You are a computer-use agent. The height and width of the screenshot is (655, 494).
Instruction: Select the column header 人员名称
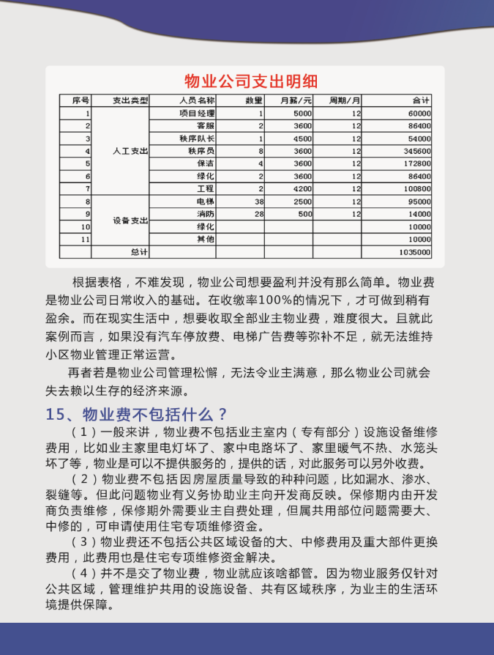point(197,100)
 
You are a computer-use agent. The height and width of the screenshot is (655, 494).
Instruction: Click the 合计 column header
point(421,100)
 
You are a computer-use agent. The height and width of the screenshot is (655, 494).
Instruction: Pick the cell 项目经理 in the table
point(198,114)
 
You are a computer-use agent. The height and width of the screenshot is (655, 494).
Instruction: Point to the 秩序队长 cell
point(198,138)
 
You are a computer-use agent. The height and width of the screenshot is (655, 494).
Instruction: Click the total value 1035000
point(415,252)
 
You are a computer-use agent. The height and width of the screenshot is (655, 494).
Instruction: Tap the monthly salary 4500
point(302,138)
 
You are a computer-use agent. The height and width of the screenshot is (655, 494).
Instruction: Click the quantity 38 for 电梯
point(258,201)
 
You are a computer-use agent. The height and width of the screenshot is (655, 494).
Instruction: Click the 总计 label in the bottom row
point(139,252)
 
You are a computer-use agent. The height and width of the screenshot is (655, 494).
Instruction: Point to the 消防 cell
point(206,214)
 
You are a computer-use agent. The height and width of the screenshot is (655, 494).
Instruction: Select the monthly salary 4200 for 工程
point(302,189)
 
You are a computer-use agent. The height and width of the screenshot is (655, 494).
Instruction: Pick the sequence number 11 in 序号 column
point(86,239)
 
